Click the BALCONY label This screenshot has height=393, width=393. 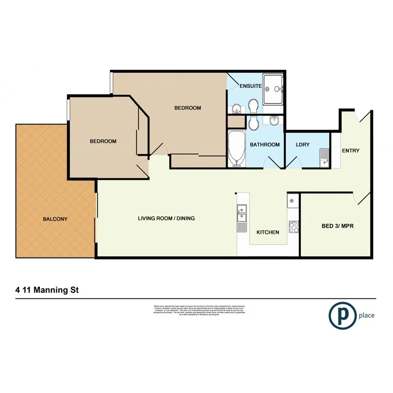point(55,219)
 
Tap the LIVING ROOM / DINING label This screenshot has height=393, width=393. point(166,218)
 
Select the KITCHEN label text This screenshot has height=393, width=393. point(268,232)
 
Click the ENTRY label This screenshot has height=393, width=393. point(351,151)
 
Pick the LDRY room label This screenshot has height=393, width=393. point(303,144)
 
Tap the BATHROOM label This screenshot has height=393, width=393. point(265,145)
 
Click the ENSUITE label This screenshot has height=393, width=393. point(251,86)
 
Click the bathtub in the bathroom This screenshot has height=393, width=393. point(236,150)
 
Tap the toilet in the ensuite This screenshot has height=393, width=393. point(253,105)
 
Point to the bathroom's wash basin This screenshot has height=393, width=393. point(274,121)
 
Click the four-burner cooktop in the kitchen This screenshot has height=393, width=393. point(293,227)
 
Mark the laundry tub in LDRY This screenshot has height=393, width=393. point(324,157)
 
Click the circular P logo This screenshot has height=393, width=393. point(341,315)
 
